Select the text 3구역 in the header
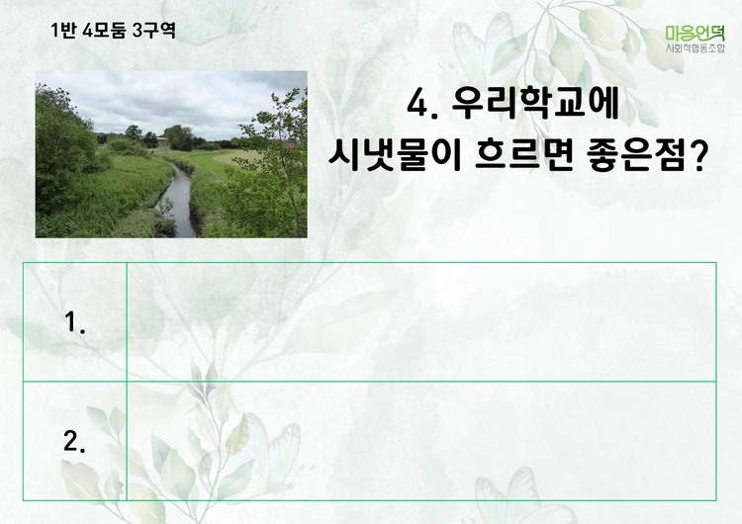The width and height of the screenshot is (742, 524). pos(154,31)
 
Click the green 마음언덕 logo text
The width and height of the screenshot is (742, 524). pos(695,33)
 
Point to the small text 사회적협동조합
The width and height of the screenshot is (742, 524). pos(695,48)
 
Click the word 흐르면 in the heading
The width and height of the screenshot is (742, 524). pos(524,155)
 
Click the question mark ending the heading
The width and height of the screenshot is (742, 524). pos(698,155)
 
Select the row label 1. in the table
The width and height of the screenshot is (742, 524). pos(75,322)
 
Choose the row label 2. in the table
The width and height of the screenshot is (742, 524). pos(75,442)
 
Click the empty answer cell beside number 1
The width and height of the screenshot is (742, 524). pos(421,321)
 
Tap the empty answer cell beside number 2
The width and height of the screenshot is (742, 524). pos(421,441)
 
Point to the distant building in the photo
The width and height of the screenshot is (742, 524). pos(162,141)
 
